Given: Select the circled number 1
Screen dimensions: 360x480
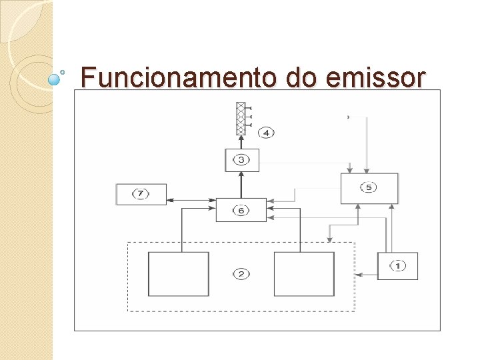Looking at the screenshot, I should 397,266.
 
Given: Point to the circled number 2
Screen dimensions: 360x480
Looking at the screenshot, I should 241,274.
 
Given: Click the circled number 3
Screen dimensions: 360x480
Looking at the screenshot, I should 241,160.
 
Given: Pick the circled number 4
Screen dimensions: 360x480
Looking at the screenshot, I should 265,133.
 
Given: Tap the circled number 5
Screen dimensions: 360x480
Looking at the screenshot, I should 369,188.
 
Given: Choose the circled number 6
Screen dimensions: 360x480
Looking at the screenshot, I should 241,210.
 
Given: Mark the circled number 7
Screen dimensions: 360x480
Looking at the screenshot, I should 140,194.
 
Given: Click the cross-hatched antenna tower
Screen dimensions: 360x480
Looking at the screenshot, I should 241,119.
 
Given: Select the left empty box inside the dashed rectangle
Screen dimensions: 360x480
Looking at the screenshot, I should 178,274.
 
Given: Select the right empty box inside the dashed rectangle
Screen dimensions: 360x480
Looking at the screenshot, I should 304,274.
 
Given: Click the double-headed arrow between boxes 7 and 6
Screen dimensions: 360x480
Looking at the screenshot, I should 191,200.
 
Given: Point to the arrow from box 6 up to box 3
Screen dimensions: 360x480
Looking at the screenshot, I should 241,185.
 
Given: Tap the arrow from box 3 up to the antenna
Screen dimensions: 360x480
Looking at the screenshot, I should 241,142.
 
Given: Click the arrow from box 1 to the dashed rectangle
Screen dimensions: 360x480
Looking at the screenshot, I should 367,274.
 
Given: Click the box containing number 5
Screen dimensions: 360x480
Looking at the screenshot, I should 369,189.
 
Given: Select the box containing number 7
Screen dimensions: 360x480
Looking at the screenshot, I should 141,194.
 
